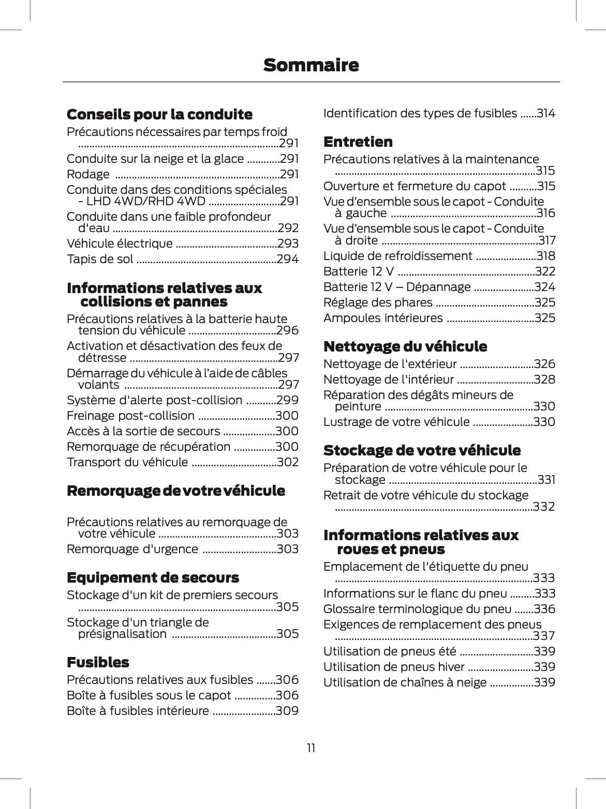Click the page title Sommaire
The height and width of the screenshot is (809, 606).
[x=311, y=66]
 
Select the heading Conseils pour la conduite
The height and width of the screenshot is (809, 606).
[x=159, y=114]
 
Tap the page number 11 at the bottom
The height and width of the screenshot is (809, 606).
[x=311, y=748]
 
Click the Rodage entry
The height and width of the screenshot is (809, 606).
[x=88, y=174]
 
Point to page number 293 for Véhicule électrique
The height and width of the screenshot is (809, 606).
[x=288, y=243]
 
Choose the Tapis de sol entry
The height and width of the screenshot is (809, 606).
[x=100, y=259]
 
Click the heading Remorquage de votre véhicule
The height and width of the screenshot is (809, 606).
[x=176, y=491]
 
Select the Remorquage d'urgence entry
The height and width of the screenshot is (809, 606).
[x=132, y=549]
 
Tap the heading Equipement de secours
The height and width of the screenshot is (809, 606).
[x=153, y=577]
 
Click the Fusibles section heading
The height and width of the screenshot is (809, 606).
[x=98, y=662]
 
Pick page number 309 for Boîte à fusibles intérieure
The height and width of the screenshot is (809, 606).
[x=287, y=711]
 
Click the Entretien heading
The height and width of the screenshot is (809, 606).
[x=358, y=142]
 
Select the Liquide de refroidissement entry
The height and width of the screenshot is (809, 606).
[x=397, y=256]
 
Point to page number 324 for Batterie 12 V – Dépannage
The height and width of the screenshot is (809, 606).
[x=544, y=287]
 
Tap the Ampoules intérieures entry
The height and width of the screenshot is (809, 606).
[x=383, y=318]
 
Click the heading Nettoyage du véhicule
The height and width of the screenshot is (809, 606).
[x=405, y=346]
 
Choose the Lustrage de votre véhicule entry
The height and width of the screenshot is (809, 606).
[x=396, y=422]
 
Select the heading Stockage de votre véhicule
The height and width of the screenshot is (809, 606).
[x=422, y=450]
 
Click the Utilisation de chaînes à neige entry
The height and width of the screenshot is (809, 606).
[x=405, y=682]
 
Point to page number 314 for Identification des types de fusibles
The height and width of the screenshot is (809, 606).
[x=545, y=113]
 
